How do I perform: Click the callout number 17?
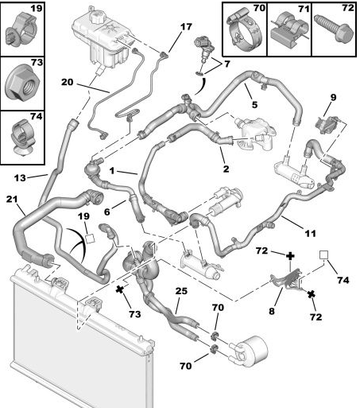(186, 27)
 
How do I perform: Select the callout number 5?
(254, 104)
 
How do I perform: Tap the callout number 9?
(333, 97)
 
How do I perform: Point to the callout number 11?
(311, 234)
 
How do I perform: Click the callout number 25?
(181, 291)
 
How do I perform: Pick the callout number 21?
(12, 199)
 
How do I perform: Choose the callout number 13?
(20, 178)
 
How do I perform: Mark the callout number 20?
(67, 82)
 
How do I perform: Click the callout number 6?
(106, 212)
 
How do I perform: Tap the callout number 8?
(272, 311)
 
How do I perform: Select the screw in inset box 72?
(334, 28)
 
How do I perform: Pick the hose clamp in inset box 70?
(244, 30)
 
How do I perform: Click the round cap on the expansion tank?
(99, 17)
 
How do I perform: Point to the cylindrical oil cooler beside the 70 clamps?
(250, 351)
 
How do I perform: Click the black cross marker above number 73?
(120, 289)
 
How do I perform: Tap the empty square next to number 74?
(323, 255)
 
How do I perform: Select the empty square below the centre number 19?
(91, 239)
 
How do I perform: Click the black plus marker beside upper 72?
(290, 256)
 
